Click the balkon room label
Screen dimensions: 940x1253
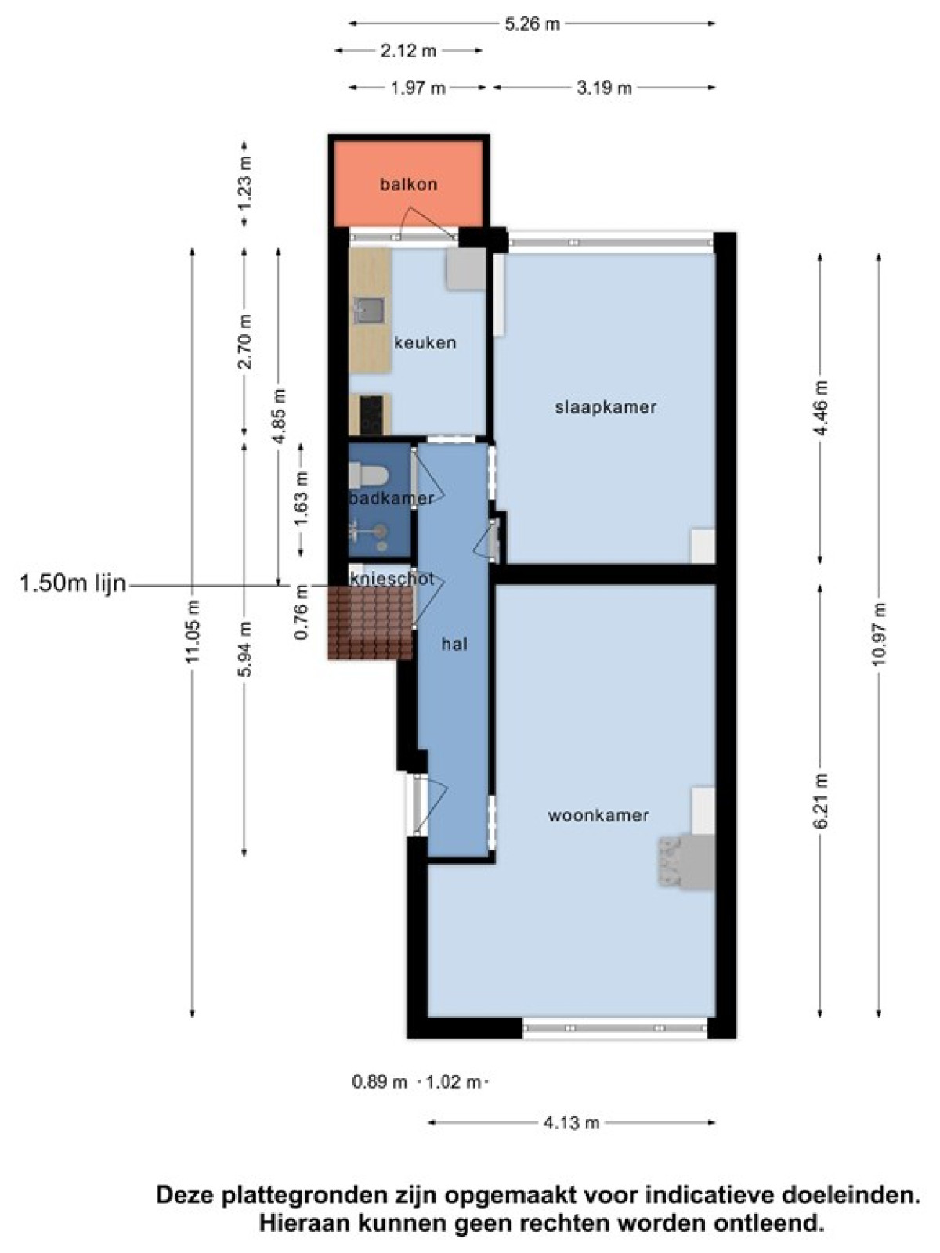click(409, 184)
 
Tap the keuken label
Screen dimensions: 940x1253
click(425, 342)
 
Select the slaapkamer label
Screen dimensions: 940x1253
click(606, 407)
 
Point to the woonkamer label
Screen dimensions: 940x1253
click(598, 815)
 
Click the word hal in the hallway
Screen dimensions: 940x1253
click(454, 645)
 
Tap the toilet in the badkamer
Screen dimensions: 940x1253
click(369, 475)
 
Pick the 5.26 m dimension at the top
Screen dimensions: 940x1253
click(531, 24)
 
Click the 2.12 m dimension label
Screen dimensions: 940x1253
click(408, 52)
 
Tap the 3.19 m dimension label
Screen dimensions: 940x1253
click(604, 88)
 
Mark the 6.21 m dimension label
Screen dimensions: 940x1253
click(821, 801)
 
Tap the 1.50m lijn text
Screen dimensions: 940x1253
click(73, 584)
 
